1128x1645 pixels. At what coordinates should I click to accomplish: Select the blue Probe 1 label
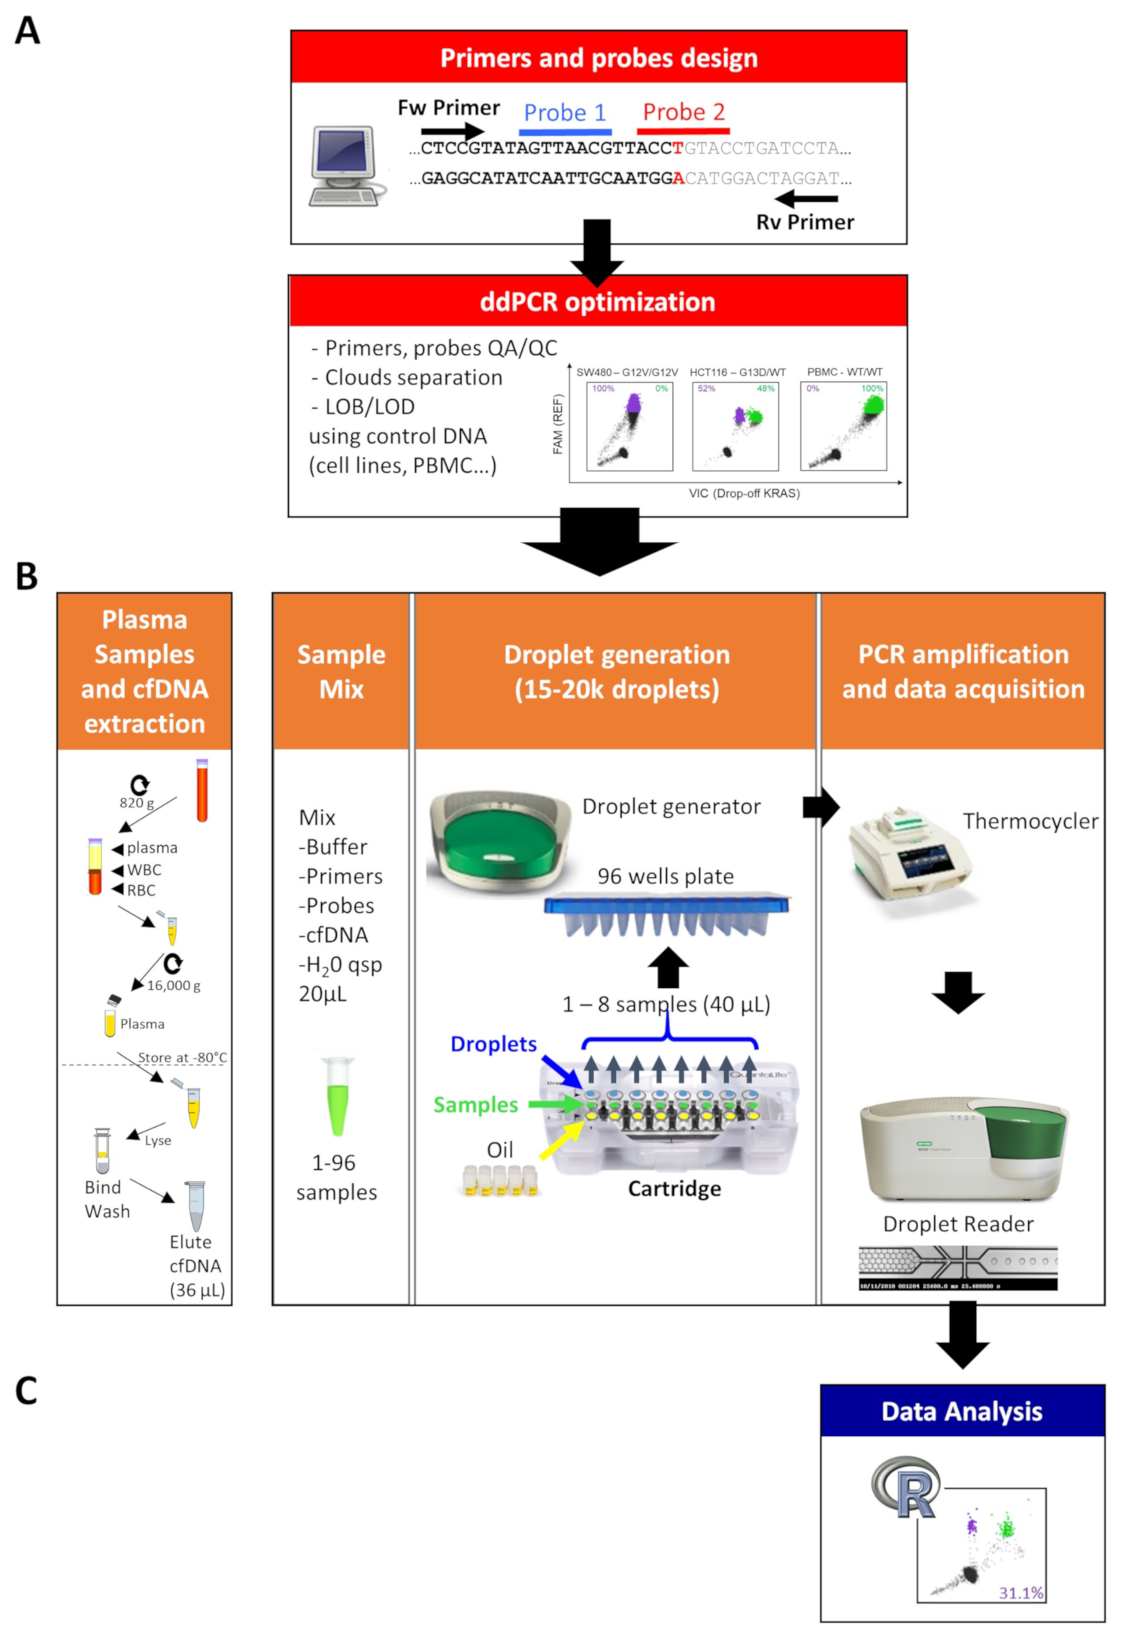pos(565,113)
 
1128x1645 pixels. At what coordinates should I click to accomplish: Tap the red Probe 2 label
pos(684,112)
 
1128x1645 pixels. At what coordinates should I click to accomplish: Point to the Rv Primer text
pos(805,223)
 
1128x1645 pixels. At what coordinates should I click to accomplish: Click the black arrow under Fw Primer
pos(452,132)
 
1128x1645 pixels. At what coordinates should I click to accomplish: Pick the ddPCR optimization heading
pos(598,302)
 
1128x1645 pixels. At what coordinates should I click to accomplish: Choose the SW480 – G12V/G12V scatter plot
pos(629,426)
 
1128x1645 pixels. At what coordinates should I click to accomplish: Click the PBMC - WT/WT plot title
pos(844,372)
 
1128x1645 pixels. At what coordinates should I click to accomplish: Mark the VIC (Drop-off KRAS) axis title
pos(744,493)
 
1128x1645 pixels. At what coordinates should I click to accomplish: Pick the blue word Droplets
pos(493,1044)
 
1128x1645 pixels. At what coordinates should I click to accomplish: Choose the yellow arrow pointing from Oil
pos(561,1140)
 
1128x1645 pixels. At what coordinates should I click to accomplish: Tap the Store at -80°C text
pos(182,1058)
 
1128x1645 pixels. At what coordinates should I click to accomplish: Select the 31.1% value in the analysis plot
pos(1020,1592)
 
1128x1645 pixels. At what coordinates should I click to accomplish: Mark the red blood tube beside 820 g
pos(202,789)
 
